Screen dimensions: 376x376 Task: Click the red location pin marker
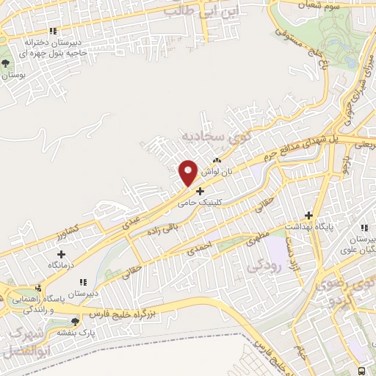coord(188,173)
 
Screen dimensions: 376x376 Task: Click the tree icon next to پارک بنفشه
coord(75,322)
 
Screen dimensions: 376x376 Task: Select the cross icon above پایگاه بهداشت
coord(309,216)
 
